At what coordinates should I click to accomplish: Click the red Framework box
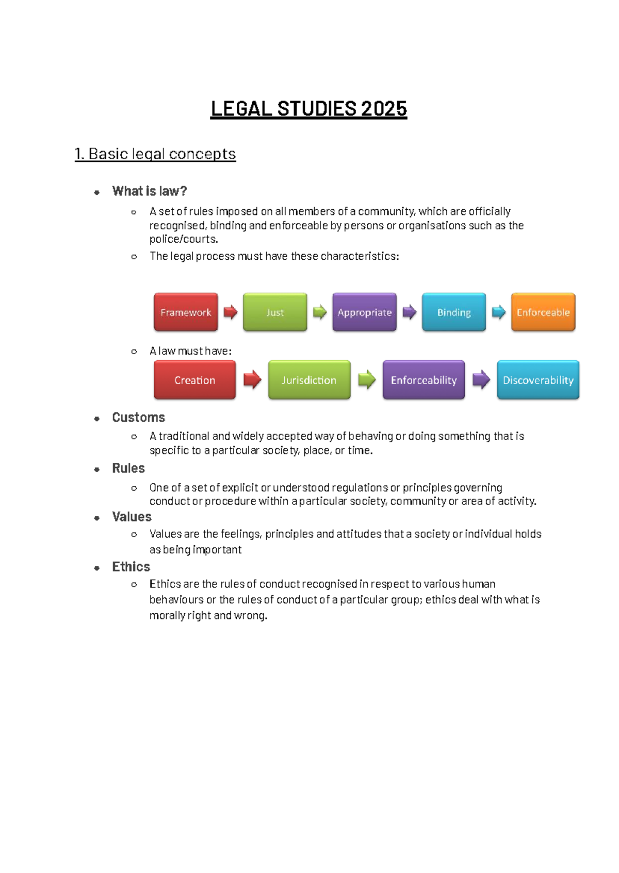click(x=186, y=312)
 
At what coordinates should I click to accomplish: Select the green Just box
click(x=275, y=312)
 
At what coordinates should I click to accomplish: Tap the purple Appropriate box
click(x=364, y=312)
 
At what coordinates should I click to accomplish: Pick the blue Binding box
click(x=454, y=312)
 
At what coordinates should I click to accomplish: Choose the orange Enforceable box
click(x=543, y=312)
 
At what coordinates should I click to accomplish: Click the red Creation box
click(x=194, y=380)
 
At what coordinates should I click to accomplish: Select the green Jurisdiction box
click(x=309, y=380)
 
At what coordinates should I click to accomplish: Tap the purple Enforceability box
click(x=423, y=380)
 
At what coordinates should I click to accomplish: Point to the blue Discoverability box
click(x=538, y=380)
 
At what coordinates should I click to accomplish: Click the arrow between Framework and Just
click(x=230, y=312)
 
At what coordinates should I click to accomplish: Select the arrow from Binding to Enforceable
click(x=498, y=312)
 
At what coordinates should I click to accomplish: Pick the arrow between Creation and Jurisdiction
click(x=252, y=380)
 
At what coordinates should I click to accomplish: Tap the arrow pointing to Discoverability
click(x=481, y=380)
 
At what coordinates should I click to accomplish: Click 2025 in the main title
click(x=384, y=109)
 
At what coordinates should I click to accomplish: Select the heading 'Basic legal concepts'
click(x=161, y=154)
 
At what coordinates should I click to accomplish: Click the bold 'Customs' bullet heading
click(x=138, y=417)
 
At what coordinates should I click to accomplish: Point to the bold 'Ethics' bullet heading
click(x=131, y=567)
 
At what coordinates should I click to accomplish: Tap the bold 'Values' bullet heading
click(x=132, y=517)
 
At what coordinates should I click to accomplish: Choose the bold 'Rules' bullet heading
click(x=128, y=468)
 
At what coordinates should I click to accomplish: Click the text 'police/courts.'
click(x=184, y=239)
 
